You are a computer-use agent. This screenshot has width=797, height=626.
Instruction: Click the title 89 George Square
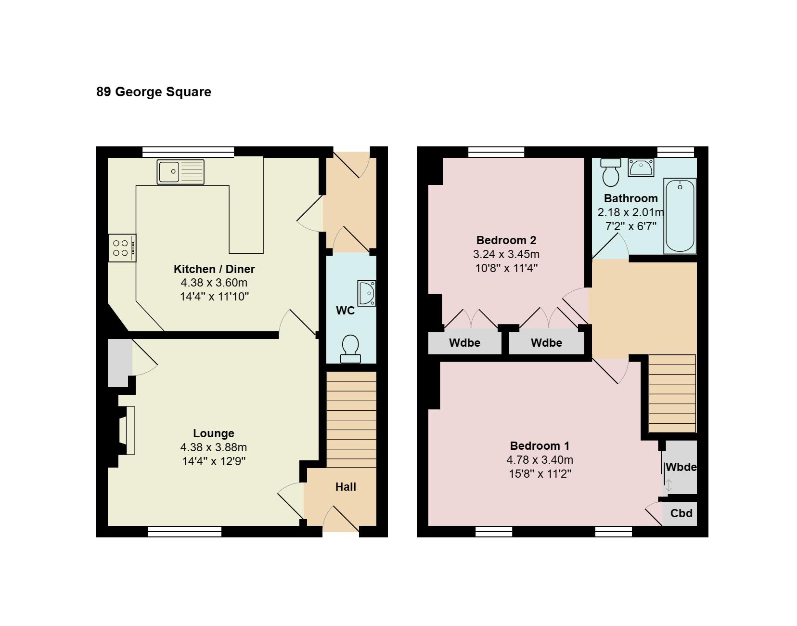pyautogui.click(x=154, y=92)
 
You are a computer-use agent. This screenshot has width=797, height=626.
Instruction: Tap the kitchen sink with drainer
pyautogui.click(x=180, y=172)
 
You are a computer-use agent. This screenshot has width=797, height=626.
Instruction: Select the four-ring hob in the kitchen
pyautogui.click(x=122, y=248)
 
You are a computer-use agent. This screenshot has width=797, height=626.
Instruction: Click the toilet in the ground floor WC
pyautogui.click(x=350, y=349)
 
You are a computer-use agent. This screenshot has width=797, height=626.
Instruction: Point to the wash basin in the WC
pyautogui.click(x=367, y=293)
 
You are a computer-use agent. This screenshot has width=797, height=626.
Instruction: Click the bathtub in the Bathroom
pyautogui.click(x=680, y=216)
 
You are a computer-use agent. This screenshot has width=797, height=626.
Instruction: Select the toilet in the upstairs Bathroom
pyautogui.click(x=611, y=172)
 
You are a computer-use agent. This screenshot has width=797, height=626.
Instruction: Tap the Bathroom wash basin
pyautogui.click(x=641, y=167)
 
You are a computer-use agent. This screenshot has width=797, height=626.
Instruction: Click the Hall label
pyautogui.click(x=346, y=487)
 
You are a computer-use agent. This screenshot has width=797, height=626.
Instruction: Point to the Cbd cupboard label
pyautogui.click(x=681, y=513)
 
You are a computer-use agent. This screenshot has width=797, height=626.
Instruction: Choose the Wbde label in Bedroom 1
pyautogui.click(x=681, y=467)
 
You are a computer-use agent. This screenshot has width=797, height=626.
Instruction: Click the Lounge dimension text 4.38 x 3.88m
pyautogui.click(x=214, y=447)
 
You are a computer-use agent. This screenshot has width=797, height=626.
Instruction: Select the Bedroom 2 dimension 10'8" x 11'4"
pyautogui.click(x=506, y=268)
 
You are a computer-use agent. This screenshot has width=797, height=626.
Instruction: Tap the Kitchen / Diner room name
pyautogui.click(x=214, y=269)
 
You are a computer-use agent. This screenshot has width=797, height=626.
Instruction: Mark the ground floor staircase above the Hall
pyautogui.click(x=351, y=420)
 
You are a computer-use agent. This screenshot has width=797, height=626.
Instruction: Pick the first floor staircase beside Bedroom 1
pyautogui.click(x=672, y=393)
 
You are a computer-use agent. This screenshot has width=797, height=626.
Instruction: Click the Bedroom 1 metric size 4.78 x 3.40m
pyautogui.click(x=540, y=460)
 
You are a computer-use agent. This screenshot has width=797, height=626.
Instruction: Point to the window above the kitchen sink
pyautogui.click(x=188, y=152)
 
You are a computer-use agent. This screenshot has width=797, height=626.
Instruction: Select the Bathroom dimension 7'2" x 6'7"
pyautogui.click(x=630, y=226)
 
